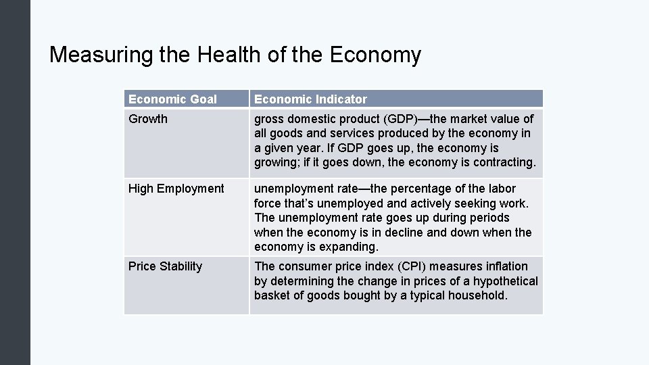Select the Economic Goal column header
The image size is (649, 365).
pyautogui.click(x=172, y=99)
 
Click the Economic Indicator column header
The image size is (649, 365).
pyautogui.click(x=310, y=99)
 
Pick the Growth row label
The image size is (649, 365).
pyautogui.click(x=147, y=119)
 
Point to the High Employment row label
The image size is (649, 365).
pyautogui.click(x=176, y=189)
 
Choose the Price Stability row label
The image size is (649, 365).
pyautogui.click(x=165, y=266)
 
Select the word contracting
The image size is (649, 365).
pyautogui.click(x=503, y=162)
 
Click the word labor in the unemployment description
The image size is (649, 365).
pyautogui.click(x=502, y=189)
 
